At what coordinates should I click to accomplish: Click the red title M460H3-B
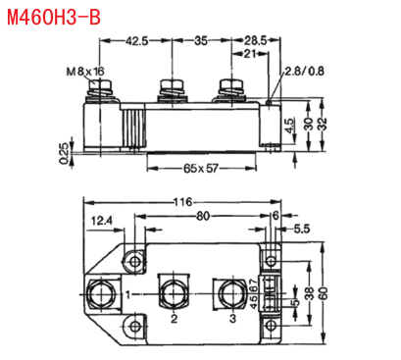(54, 17)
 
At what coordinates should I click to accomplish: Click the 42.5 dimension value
(137, 41)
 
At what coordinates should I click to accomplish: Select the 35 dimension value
(201, 41)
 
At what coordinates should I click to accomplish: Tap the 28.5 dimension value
(256, 41)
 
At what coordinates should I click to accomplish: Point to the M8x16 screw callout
(85, 72)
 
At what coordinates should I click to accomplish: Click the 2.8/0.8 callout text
(305, 71)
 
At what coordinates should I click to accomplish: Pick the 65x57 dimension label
(201, 169)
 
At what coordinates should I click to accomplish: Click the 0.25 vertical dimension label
(64, 153)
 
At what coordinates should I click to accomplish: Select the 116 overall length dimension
(182, 202)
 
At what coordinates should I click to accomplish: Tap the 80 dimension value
(203, 216)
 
